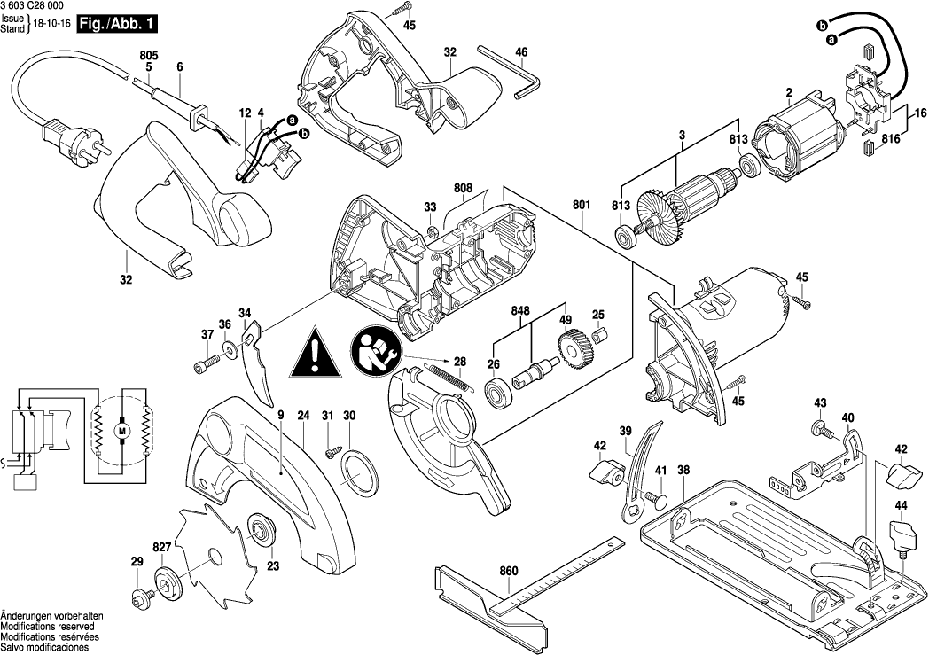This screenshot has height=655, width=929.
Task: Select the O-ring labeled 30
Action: (x=357, y=469)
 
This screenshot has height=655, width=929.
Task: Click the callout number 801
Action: (x=582, y=206)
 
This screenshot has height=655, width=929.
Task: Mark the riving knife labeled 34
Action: (x=259, y=365)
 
